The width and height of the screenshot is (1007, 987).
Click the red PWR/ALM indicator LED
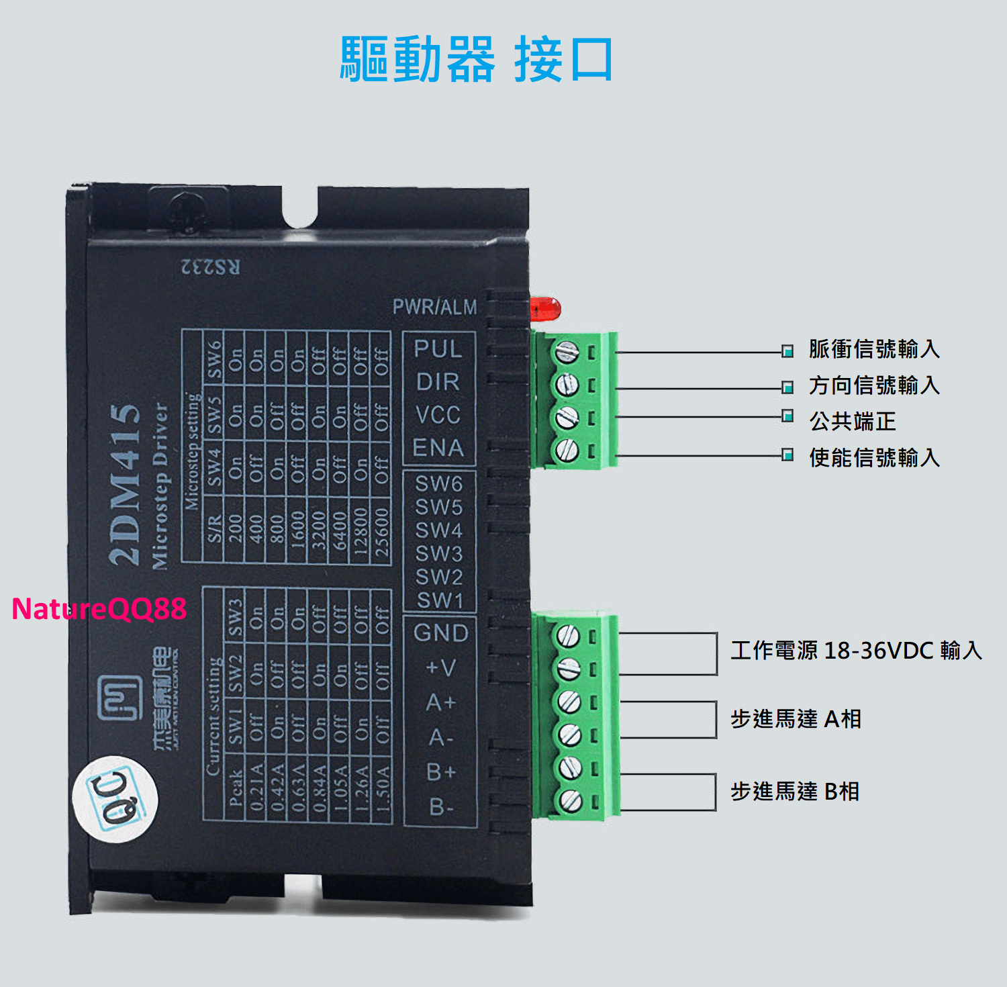point(545,309)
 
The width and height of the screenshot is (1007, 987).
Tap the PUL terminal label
point(438,348)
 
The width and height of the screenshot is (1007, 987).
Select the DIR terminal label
point(438,381)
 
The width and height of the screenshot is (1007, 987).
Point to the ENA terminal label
point(438,447)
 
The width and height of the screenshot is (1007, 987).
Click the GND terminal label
point(440,632)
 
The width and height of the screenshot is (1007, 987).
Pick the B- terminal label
point(440,806)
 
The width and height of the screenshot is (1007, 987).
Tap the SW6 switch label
point(438,483)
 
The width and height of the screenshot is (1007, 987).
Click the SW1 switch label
point(440,600)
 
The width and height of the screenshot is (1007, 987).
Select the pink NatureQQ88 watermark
point(99,608)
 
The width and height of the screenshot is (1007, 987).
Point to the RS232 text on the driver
point(210,267)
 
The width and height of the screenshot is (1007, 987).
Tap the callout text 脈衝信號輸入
point(873,349)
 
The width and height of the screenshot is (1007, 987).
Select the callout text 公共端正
point(852,421)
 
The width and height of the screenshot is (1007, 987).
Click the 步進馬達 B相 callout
point(794,792)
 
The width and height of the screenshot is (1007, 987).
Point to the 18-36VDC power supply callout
point(856,650)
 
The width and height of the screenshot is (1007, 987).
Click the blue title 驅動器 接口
point(476,59)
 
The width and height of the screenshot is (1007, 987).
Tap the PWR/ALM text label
point(434,307)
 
